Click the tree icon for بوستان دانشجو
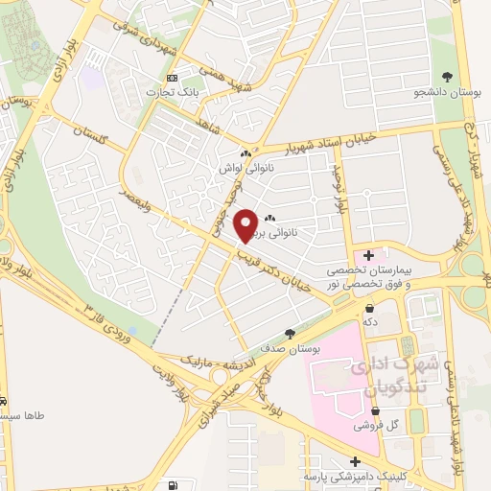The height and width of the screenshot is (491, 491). click(x=446, y=76)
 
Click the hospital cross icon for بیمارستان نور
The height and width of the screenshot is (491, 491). click(x=368, y=254)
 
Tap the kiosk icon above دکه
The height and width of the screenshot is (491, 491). click(x=371, y=308)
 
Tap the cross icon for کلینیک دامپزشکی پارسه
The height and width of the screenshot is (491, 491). click(x=356, y=460)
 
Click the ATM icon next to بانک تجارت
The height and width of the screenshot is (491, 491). click(x=173, y=78)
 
